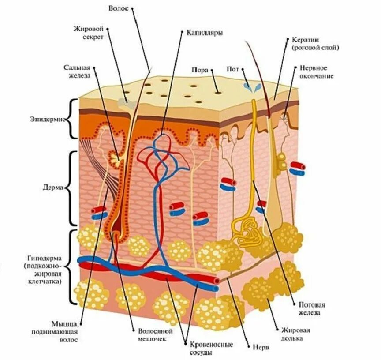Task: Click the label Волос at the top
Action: pyautogui.click(x=119, y=8)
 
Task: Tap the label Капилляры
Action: pyautogui.click(x=204, y=33)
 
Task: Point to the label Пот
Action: pyautogui.click(x=232, y=69)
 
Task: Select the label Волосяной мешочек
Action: pyautogui.click(x=154, y=334)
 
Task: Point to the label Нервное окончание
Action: pyautogui.click(x=316, y=72)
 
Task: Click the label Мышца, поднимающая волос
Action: pyautogui.click(x=56, y=332)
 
